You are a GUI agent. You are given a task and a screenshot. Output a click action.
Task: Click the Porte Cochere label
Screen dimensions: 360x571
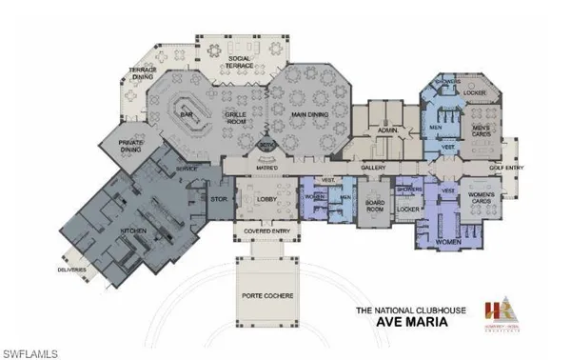pyautogui.click(x=267, y=297)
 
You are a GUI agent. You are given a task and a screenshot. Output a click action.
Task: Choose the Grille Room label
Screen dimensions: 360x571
pyautogui.click(x=236, y=117)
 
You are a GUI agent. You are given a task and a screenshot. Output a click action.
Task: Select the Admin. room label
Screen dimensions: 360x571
pyautogui.click(x=386, y=129)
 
